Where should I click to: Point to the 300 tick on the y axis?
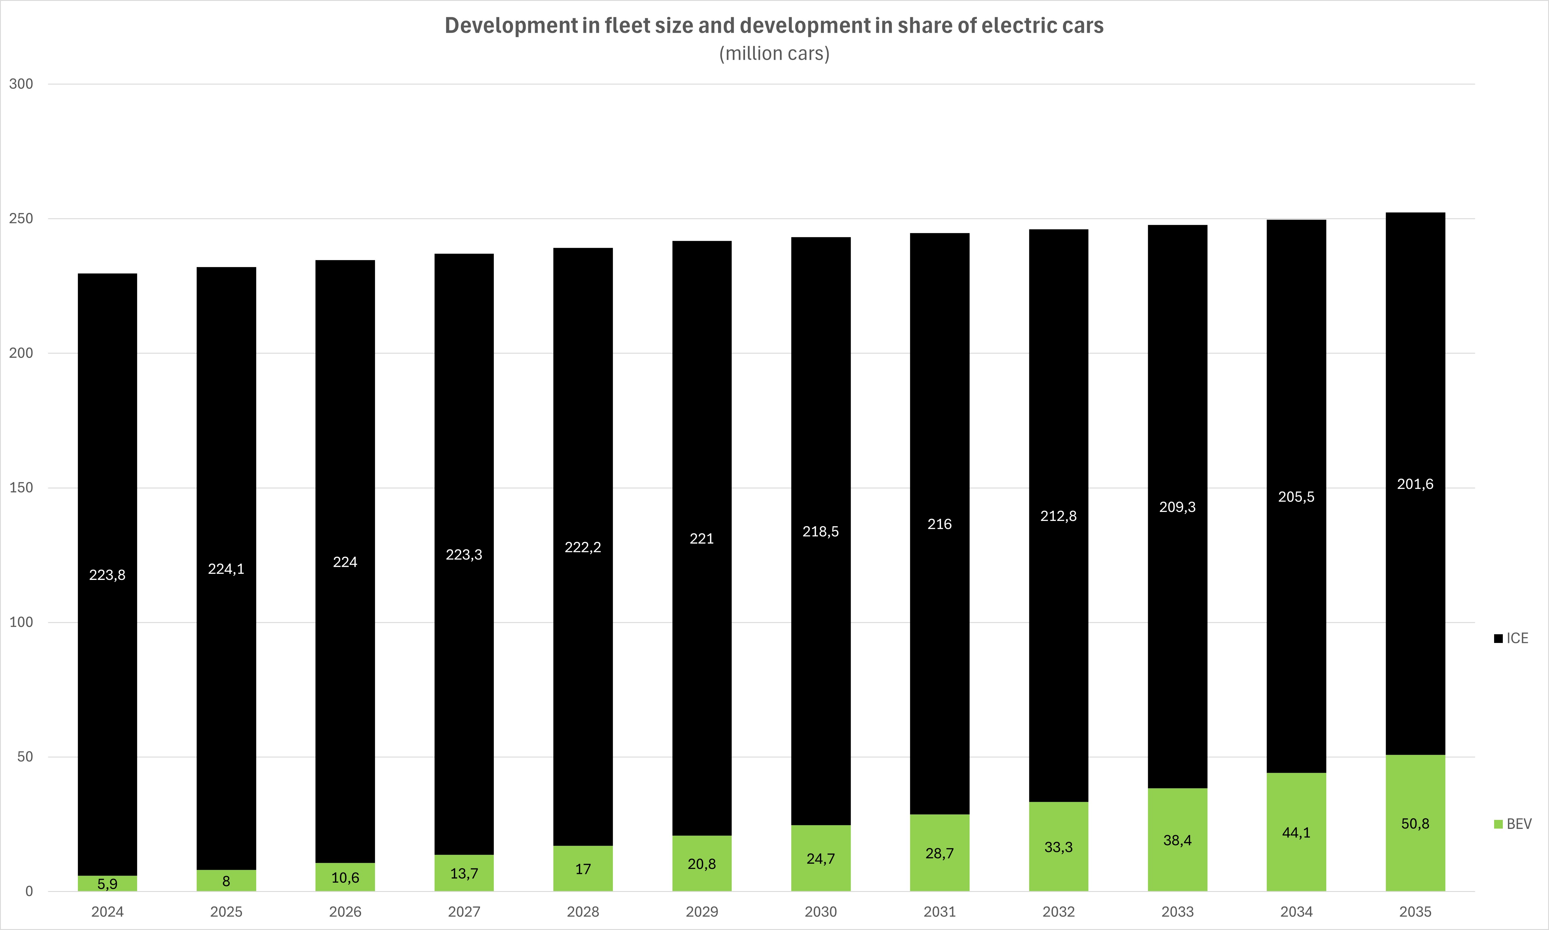coord(21,84)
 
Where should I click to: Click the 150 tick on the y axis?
coord(21,488)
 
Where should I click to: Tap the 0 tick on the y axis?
coord(29,891)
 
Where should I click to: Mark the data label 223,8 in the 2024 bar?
coord(107,575)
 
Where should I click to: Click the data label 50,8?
coord(1415,823)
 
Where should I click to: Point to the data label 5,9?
coord(107,884)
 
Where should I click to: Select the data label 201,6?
coord(1415,484)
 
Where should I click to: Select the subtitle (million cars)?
coord(774,54)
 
